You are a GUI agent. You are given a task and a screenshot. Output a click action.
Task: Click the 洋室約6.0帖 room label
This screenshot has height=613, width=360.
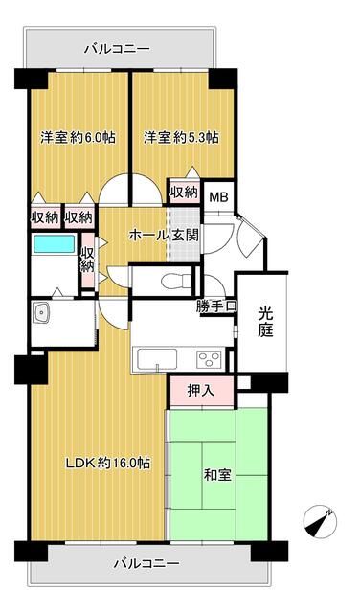pyautogui.click(x=78, y=138)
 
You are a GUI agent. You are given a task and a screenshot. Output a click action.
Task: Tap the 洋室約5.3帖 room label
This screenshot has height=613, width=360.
pyautogui.click(x=181, y=138)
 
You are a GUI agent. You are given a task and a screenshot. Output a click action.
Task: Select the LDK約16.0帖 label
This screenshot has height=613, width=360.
pyautogui.click(x=108, y=464)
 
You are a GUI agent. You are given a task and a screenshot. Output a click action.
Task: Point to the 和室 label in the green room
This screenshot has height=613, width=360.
pyautogui.click(x=217, y=475)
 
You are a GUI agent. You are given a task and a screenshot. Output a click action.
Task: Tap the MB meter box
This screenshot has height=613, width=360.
pyautogui.click(x=218, y=197)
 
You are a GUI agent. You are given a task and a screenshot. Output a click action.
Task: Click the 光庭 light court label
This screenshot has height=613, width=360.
pyautogui.click(x=265, y=323)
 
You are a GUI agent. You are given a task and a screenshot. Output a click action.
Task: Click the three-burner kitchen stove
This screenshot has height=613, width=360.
pyautogui.click(x=209, y=360)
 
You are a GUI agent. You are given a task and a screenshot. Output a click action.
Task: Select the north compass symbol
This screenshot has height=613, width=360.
pyautogui.click(x=320, y=522)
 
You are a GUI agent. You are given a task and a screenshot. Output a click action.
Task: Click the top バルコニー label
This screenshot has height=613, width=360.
pyautogui.click(x=118, y=49)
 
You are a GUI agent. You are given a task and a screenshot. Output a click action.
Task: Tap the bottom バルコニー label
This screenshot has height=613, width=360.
pyautogui.click(x=147, y=563)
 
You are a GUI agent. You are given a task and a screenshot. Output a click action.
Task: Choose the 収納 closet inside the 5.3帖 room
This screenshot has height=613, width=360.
pyautogui.click(x=184, y=192)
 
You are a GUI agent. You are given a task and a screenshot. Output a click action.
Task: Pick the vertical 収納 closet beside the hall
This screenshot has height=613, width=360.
pyautogui.click(x=88, y=260)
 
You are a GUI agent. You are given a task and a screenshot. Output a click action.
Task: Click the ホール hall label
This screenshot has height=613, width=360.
pyautogui.click(x=147, y=236)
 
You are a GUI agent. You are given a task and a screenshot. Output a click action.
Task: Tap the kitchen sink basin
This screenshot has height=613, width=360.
pyautogui.click(x=157, y=358)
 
